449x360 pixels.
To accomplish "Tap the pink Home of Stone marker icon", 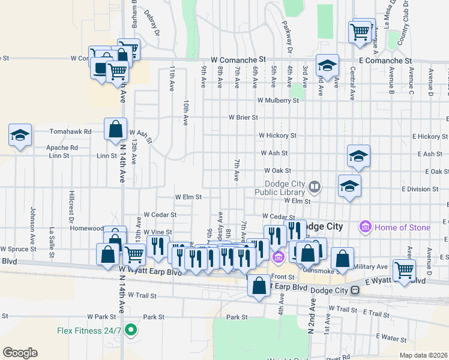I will click(x=364, y=227).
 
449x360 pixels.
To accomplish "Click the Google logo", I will click(x=20, y=353).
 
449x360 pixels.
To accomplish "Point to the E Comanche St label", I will click(x=385, y=61).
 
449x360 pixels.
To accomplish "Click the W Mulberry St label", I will click(x=278, y=100).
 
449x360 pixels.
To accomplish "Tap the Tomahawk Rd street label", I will click(x=70, y=131).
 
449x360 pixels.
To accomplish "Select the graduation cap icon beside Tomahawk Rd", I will click(x=20, y=135).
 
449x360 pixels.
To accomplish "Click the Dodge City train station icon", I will click(x=355, y=290).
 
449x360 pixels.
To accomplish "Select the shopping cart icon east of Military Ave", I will click(x=404, y=270).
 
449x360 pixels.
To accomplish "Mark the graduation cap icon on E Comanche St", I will click(x=327, y=65).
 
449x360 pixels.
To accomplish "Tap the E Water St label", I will click(x=392, y=338).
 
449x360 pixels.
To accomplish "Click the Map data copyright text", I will click(x=423, y=355).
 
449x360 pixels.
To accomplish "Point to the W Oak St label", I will click(x=277, y=171).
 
